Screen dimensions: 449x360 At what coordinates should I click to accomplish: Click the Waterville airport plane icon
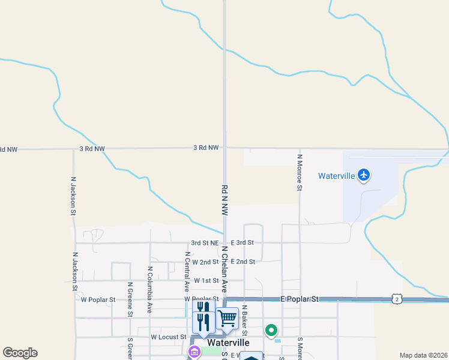pos(363,175)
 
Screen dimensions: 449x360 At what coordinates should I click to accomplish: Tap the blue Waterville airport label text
pos(337,176)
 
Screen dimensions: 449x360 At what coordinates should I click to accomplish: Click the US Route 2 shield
pos(396,299)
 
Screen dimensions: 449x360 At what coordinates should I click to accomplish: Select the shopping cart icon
pos(227,318)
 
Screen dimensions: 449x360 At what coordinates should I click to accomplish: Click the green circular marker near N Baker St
pos(271,330)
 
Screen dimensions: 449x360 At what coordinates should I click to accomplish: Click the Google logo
pos(20,352)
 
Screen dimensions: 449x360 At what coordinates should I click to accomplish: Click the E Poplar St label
pos(299,298)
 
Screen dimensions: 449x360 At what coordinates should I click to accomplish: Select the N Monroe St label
pos(299,172)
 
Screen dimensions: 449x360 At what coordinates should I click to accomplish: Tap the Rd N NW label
pos(225,200)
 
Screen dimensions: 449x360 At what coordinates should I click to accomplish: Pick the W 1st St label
pos(206,281)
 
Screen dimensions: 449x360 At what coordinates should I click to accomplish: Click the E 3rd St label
pos(243,242)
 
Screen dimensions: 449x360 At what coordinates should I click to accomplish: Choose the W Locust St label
pos(168,337)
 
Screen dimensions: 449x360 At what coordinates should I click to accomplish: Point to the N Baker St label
pos(244,322)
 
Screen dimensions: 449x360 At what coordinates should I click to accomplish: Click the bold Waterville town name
pos(228,342)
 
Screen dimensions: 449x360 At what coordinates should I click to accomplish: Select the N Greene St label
pos(130,299)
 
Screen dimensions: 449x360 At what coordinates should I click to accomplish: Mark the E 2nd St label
pos(243,262)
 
